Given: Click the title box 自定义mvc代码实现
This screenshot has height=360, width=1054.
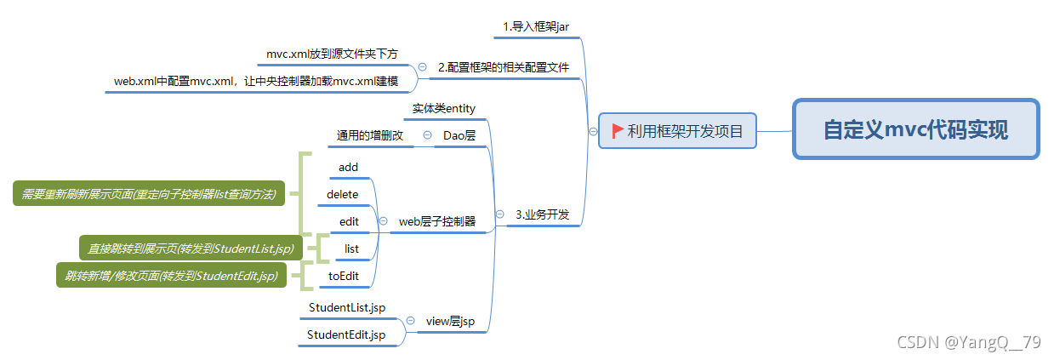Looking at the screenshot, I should tap(915, 130).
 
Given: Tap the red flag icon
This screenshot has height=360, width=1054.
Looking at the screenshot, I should tap(618, 131).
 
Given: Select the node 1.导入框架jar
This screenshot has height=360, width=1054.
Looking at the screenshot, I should tap(536, 26).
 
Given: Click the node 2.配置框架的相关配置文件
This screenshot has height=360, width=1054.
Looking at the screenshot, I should tap(504, 67).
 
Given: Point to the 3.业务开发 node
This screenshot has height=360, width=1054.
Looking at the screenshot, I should tap(543, 214).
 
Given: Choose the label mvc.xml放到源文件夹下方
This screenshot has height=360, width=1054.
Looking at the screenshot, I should tap(332, 54).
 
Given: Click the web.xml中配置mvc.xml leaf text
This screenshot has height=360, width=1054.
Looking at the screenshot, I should tap(256, 82).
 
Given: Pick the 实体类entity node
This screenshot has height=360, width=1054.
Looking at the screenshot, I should tap(444, 108).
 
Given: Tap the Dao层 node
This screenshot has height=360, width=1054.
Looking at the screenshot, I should tap(459, 135).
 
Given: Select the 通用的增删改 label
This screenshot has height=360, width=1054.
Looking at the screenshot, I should tap(369, 135).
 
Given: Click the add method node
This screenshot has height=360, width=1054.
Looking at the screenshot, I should tap(348, 167).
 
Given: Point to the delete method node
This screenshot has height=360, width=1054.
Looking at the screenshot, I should tap(343, 194).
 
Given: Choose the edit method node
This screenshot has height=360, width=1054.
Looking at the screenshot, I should tap(349, 221).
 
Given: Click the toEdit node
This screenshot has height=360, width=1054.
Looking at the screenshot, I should tap(345, 276).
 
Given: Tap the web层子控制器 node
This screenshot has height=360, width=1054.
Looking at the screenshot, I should tap(437, 221).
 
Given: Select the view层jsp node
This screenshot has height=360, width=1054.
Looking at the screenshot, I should tap(450, 321).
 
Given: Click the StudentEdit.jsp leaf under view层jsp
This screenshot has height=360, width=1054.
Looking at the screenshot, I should tap(346, 334).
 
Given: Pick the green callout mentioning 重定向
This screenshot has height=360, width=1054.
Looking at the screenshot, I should tap(150, 194).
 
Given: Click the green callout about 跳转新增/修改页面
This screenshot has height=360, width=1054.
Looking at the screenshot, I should tap(171, 276).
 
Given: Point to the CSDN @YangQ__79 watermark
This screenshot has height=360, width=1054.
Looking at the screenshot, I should tap(969, 342).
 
